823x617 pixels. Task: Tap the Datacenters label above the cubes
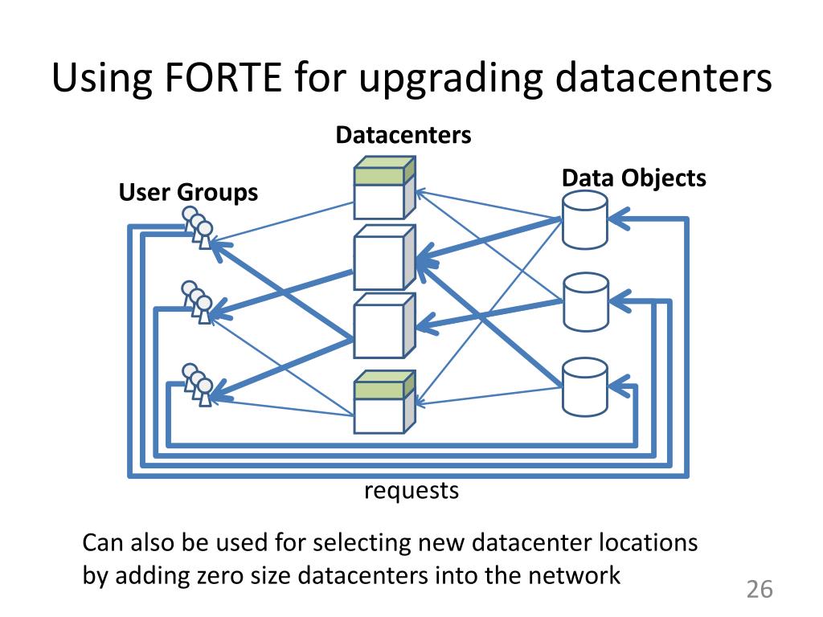coord(403,135)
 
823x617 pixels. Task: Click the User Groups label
coord(188,193)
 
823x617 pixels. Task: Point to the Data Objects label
coord(633,178)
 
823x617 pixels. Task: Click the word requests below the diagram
coord(411,491)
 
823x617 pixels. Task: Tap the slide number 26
coord(760,589)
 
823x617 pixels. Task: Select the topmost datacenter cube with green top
coord(385,187)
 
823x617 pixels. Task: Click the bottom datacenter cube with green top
coord(385,402)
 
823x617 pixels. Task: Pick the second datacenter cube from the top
coord(385,258)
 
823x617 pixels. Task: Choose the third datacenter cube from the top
coord(385,326)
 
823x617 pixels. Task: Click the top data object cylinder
coord(585,219)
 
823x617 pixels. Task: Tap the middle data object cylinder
coord(586,302)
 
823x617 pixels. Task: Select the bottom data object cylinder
coord(585,387)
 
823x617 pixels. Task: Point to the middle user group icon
coord(198,302)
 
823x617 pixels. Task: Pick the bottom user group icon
coord(198,385)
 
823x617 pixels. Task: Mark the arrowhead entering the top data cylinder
coord(619,219)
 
